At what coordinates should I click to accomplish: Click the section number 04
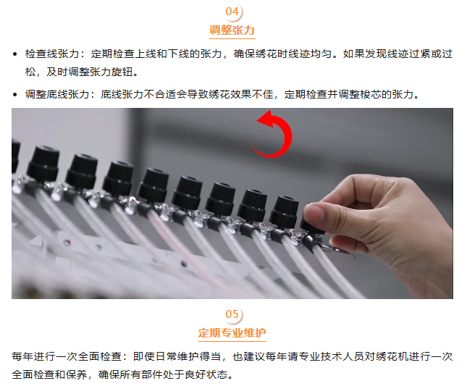tap(232, 12)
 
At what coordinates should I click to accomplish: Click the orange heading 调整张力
tap(232, 30)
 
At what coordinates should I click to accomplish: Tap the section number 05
tap(232, 314)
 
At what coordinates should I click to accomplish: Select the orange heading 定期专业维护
tap(232, 332)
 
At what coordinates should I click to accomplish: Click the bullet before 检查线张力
tap(15, 54)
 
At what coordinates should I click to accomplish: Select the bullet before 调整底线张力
tap(15, 95)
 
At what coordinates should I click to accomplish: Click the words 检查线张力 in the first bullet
tap(52, 54)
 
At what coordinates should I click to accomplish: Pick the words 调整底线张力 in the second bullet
tap(57, 94)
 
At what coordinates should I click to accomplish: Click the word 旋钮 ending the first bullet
tap(122, 72)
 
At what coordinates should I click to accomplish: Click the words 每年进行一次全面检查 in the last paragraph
tap(67, 356)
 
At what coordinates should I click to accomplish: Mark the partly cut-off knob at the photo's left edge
tap(16, 156)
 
